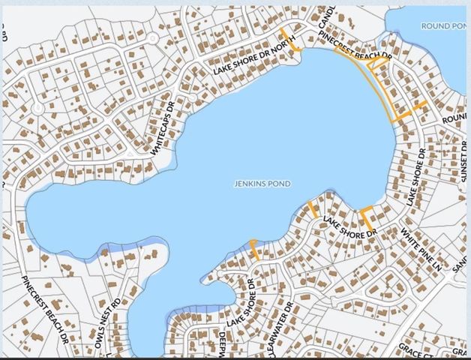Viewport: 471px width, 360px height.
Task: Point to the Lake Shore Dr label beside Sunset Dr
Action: click(x=415, y=177)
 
